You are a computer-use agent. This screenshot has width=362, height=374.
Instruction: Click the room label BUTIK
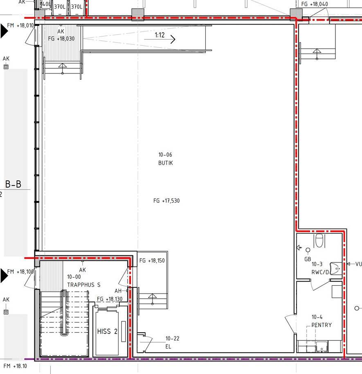point(165,163)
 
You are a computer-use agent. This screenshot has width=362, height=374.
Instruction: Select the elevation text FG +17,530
point(166,201)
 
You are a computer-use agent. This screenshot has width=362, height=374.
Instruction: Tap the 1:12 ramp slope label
point(160,35)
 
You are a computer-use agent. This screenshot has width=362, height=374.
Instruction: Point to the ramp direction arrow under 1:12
point(160,39)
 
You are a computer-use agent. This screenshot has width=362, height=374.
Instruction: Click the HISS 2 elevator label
point(107,331)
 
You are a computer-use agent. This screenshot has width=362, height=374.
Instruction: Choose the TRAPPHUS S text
point(84,285)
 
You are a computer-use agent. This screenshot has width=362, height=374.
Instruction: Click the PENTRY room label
point(322,325)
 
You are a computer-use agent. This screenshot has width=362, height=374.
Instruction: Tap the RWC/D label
point(320,272)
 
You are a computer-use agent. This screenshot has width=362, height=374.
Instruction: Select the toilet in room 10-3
point(319,241)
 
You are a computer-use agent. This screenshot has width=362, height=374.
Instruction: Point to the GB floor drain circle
point(308,250)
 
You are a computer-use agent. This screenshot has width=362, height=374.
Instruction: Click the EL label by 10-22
point(168,347)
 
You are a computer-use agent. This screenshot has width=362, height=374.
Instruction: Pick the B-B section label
point(13,184)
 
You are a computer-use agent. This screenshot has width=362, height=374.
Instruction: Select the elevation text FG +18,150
point(152,261)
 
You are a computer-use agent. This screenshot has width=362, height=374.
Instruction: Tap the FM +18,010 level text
point(20,25)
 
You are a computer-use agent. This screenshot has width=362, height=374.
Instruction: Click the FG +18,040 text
point(315,4)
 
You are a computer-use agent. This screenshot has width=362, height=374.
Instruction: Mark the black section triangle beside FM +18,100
point(4,275)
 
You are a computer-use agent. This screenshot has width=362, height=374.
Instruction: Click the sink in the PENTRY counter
point(322,347)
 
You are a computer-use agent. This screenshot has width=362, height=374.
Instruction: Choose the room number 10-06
point(165,155)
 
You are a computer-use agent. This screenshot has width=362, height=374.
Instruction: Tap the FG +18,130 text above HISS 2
point(110,299)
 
